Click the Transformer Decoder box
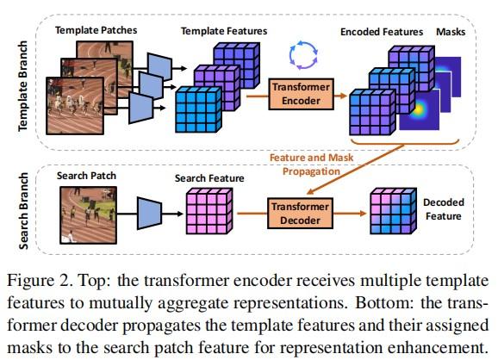coord(296,213)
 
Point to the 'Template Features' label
coord(224,31)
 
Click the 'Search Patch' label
coord(86,176)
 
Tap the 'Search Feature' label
coord(209,179)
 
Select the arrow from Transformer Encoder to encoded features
coord(335,95)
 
